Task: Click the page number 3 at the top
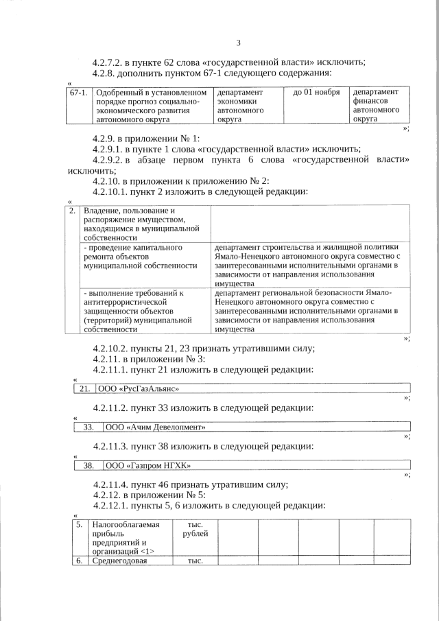[x=239, y=43]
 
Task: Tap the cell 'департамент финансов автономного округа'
[x=376, y=105]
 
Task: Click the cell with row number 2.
[x=73, y=210]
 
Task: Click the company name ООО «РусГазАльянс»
[x=140, y=389]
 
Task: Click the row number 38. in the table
[x=88, y=465]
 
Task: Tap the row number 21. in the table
[x=85, y=389]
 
